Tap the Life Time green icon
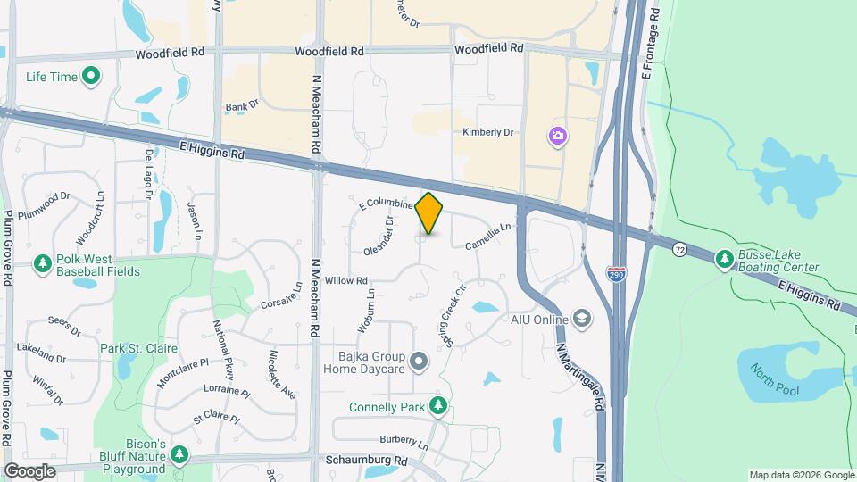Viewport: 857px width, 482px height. pos(90,77)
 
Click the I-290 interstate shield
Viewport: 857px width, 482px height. pos(616,275)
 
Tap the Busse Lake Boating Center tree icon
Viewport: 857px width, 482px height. pos(724,259)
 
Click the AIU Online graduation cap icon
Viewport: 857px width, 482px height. pos(583,319)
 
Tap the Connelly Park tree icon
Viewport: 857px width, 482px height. pos(437,406)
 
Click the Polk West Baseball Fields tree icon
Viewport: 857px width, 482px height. pos(42,263)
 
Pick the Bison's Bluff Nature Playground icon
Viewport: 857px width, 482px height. pos(179,455)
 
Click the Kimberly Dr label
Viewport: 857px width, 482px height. pos(488,132)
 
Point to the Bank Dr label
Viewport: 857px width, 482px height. pos(241,105)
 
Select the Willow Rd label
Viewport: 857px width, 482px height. pos(346,280)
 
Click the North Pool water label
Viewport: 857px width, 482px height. pos(774,380)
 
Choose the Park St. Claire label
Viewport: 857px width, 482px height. pos(138,348)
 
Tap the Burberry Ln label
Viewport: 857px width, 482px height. pos(404,440)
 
